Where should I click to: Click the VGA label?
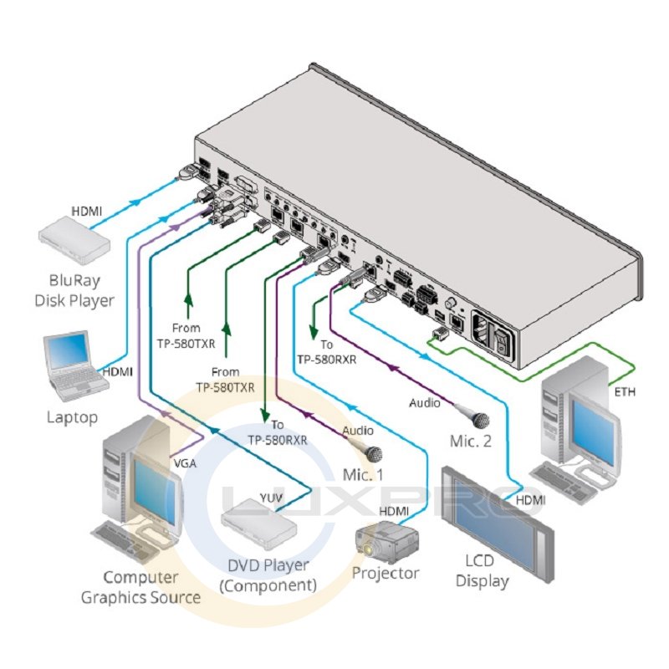pos(184,462)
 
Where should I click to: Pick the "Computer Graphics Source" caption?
pos(140,587)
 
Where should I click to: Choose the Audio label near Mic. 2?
pos(424,402)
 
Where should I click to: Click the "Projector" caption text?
pos(385,574)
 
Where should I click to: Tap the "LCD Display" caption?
pos(482,571)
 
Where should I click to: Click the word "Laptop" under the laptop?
pos(73,416)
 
